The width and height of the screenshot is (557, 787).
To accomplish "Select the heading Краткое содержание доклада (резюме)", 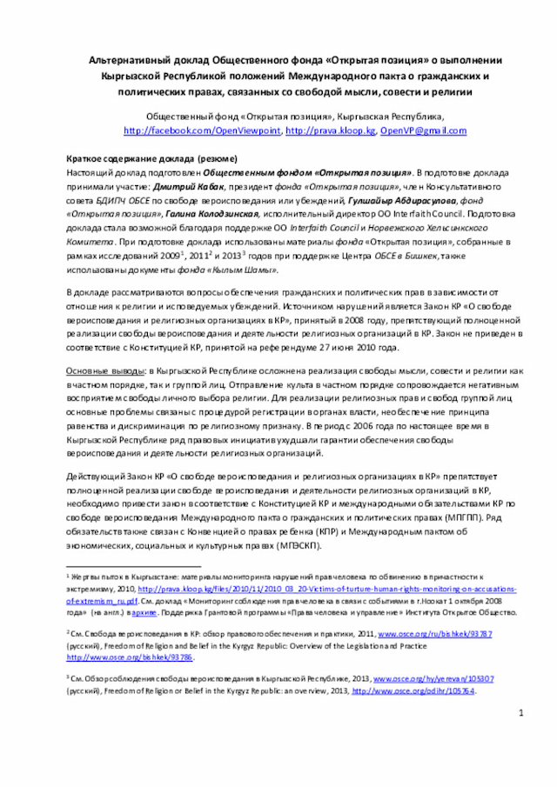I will coord(152,161).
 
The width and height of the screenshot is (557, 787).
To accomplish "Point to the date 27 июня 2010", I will coord(358,347).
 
